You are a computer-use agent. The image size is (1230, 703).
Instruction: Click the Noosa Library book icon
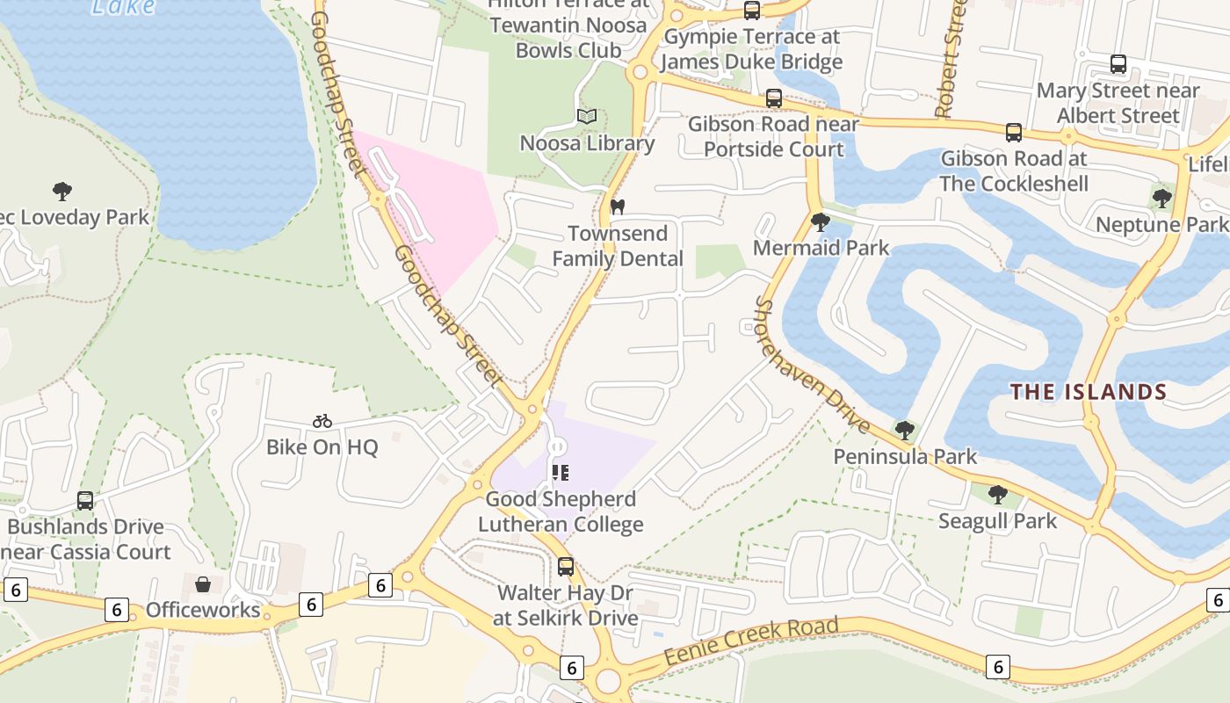click(586, 116)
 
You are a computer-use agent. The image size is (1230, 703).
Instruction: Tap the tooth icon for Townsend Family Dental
click(617, 207)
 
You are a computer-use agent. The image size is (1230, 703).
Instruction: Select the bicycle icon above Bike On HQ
click(322, 421)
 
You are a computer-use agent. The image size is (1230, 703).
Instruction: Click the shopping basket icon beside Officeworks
click(203, 584)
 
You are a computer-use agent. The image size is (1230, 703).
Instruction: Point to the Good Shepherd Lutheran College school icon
click(561, 473)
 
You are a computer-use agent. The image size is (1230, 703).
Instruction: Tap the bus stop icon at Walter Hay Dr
click(566, 567)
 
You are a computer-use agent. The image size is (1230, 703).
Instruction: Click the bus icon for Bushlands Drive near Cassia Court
click(85, 501)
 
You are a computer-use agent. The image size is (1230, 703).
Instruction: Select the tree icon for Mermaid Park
click(821, 221)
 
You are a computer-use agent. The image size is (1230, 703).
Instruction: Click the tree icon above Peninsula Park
click(904, 430)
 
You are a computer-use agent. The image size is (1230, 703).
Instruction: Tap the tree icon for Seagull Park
click(997, 495)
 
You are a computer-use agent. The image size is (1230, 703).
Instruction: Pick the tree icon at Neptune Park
click(1162, 199)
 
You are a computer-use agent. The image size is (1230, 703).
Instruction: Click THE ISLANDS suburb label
click(1088, 392)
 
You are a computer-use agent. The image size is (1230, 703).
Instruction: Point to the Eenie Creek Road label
click(750, 641)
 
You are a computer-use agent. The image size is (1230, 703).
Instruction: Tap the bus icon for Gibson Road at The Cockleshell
click(1013, 133)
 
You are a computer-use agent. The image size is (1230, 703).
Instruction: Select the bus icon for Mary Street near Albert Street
click(1118, 64)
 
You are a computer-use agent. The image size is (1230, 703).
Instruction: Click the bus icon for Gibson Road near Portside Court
click(773, 98)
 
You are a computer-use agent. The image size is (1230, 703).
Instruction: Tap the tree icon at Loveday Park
click(61, 191)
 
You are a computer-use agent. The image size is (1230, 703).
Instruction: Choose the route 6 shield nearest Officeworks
click(117, 609)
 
